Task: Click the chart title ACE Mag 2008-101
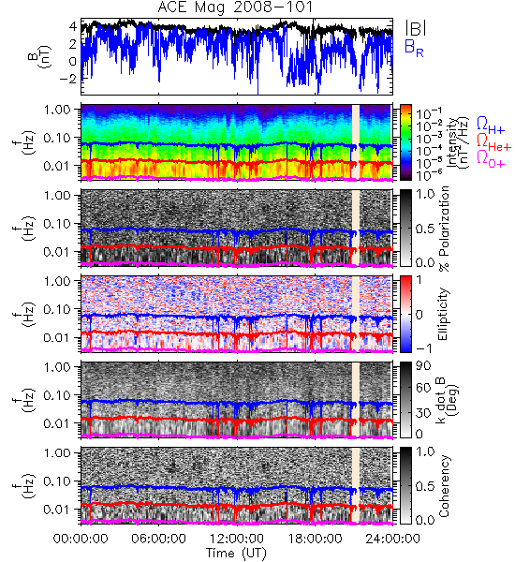pyautogui.click(x=235, y=7)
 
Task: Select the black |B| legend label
pyautogui.click(x=416, y=27)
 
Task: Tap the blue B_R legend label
pyautogui.click(x=414, y=48)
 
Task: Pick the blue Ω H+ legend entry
pyautogui.click(x=491, y=126)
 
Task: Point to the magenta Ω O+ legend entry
pyautogui.click(x=491, y=159)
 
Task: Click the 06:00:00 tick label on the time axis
pyautogui.click(x=158, y=539)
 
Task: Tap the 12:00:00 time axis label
pyautogui.click(x=237, y=539)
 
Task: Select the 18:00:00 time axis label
pyautogui.click(x=315, y=539)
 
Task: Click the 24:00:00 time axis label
pyautogui.click(x=392, y=539)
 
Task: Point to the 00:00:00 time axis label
pyautogui.click(x=81, y=539)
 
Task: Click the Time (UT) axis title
pyautogui.click(x=236, y=554)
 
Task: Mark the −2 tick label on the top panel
pyautogui.click(x=67, y=79)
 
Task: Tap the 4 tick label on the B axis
pyautogui.click(x=73, y=26)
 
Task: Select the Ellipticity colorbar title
pyautogui.click(x=443, y=314)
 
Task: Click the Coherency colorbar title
pyautogui.click(x=443, y=486)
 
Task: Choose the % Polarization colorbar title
pyautogui.click(x=444, y=229)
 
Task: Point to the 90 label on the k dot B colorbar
pyautogui.click(x=423, y=365)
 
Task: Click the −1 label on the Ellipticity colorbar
pyautogui.click(x=423, y=348)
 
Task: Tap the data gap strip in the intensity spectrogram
pyautogui.click(x=356, y=141)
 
